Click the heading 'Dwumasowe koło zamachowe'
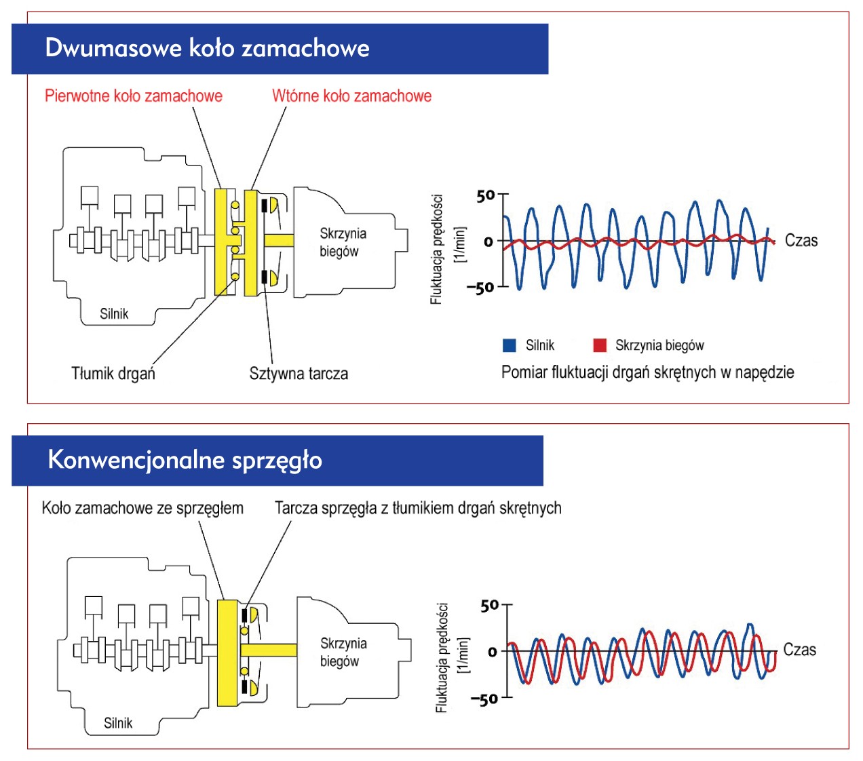pos(207,48)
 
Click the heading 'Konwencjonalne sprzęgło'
pos(185,460)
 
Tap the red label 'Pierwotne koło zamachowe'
pos(134,96)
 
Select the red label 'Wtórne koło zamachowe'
pos(351,96)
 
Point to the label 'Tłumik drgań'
pos(113,374)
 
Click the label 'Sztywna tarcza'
pos(299,374)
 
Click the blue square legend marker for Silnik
pos(510,345)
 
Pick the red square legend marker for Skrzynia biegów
pos(600,345)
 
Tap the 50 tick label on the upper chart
pos(486,196)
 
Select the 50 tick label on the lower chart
pos(489,606)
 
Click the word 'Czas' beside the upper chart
pos(801,241)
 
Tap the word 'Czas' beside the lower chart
pos(799,650)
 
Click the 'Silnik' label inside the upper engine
pos(114,313)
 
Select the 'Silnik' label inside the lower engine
pos(118,723)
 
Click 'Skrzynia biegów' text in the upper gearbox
pos(343,242)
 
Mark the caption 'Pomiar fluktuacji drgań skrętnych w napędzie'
pos(647,372)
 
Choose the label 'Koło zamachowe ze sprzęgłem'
pos(142,508)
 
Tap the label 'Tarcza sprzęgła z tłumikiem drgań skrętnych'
pos(418,508)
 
